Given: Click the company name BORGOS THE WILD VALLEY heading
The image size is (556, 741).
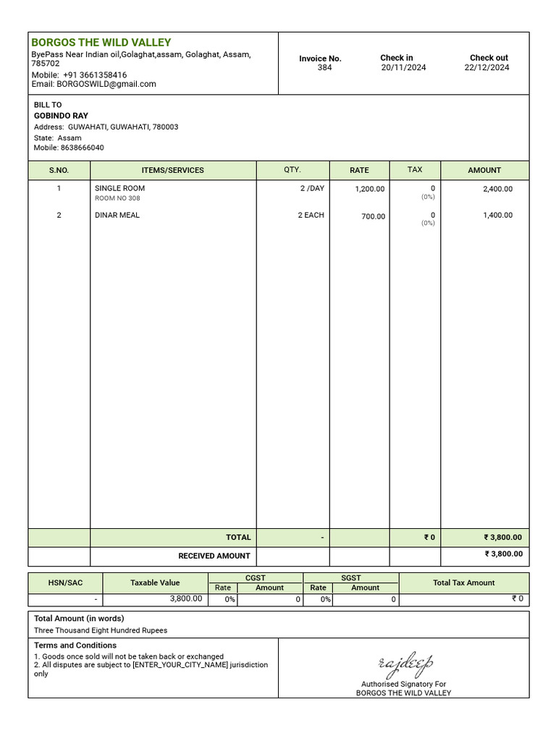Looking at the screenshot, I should click(x=101, y=43).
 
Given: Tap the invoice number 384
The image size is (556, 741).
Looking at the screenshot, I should click(x=324, y=68).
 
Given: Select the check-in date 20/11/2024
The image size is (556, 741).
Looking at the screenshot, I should click(x=403, y=68).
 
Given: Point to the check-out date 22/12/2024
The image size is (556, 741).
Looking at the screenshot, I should click(x=486, y=68).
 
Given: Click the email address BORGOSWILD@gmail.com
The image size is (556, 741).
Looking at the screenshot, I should click(x=106, y=84).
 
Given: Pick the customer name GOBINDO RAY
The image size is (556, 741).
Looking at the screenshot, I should click(x=61, y=116).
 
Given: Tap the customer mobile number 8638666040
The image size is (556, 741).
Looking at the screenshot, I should click(x=82, y=148).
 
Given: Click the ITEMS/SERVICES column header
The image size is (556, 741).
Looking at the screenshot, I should click(x=173, y=170).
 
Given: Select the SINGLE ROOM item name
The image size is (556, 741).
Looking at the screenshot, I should click(x=120, y=188).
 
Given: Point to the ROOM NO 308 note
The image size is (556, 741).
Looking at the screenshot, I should click(x=118, y=198).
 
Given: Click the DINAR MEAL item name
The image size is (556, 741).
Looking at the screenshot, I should click(x=117, y=215).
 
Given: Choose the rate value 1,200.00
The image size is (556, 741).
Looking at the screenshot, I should click(x=370, y=189).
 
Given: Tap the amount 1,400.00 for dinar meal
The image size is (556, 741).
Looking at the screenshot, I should click(x=497, y=215).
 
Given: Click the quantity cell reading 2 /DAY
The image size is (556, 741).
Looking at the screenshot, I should click(x=312, y=188).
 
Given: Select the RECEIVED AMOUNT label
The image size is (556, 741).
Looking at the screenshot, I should click(x=214, y=556).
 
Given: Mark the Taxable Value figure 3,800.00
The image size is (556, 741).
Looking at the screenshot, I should click(x=186, y=598).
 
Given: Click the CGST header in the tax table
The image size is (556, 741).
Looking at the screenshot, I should click(x=256, y=577).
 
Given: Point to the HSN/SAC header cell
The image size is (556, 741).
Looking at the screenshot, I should click(x=65, y=583).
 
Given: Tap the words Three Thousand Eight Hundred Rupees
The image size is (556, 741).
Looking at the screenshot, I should click(x=101, y=630).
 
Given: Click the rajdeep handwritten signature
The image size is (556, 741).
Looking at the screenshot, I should click(x=405, y=663).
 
